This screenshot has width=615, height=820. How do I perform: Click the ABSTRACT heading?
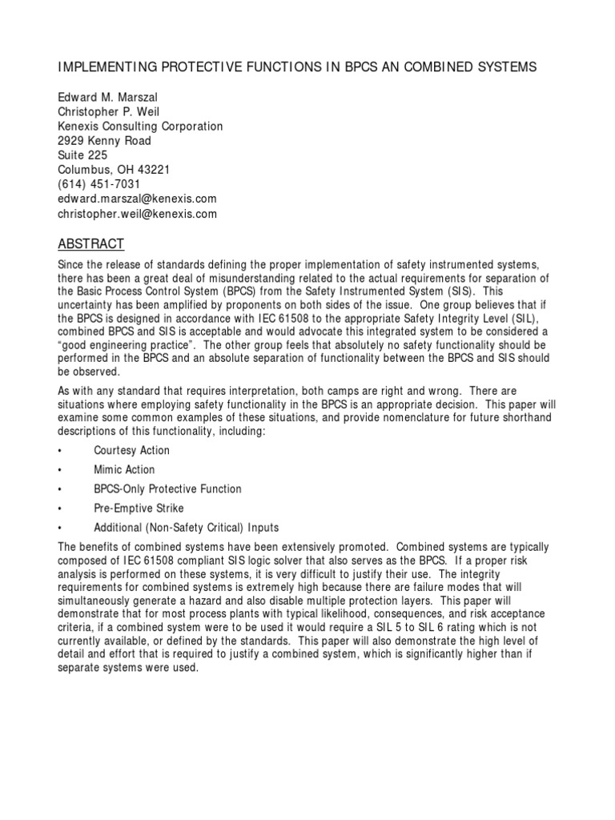(x=90, y=243)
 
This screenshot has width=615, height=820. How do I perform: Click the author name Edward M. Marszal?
(x=108, y=98)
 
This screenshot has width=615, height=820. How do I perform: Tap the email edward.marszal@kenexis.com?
(x=137, y=199)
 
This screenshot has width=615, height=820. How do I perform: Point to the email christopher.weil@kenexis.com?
(x=137, y=214)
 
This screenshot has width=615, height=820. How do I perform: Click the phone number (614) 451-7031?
(x=99, y=184)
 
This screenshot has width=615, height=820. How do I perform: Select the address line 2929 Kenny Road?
(x=104, y=141)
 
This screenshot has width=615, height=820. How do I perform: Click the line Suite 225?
(x=82, y=155)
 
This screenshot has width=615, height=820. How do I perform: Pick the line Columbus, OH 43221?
(x=113, y=170)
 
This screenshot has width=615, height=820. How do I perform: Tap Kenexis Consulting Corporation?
(x=140, y=127)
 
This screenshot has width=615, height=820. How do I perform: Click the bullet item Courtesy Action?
(x=131, y=451)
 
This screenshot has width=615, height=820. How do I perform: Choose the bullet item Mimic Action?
(x=124, y=470)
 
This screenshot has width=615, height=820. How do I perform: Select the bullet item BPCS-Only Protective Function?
(x=167, y=489)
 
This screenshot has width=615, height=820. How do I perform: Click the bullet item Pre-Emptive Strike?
(x=139, y=508)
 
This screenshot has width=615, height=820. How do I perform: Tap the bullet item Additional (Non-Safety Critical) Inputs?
(x=187, y=528)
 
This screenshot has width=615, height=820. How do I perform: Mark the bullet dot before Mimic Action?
(x=61, y=470)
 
